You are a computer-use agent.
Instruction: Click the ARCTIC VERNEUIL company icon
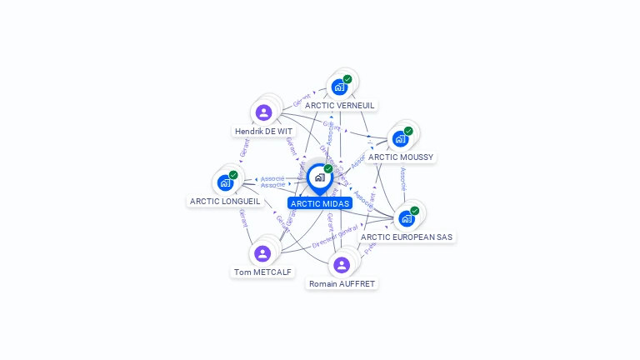[x=339, y=87]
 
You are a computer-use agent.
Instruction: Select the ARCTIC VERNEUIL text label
[x=340, y=106]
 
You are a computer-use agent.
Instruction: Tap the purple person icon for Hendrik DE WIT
[x=264, y=112]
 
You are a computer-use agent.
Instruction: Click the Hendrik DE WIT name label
[x=263, y=132]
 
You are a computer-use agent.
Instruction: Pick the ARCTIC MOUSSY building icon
[x=401, y=138]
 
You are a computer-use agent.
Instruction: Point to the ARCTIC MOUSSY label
[x=401, y=157]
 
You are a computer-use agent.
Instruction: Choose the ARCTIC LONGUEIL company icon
[x=225, y=182]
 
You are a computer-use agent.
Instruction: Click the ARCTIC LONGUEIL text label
[x=225, y=202]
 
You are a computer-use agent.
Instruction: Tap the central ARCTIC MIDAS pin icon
[x=319, y=177]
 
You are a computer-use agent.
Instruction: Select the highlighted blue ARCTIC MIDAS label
[x=320, y=203]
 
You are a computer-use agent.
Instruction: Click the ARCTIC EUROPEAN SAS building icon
[x=407, y=218]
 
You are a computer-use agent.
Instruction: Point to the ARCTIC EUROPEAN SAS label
[x=407, y=237]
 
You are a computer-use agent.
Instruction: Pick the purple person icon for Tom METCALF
[x=263, y=253]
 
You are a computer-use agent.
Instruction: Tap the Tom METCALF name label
[x=263, y=272]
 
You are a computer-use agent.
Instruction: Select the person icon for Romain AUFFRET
[x=342, y=265]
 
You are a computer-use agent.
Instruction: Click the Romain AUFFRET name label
[x=342, y=284]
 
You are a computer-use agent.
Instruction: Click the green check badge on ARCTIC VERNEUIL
[x=347, y=79]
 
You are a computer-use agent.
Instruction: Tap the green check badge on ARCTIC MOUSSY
[x=409, y=131]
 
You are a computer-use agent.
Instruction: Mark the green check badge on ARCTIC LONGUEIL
[x=233, y=175]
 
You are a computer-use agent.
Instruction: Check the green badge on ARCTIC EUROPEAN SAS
[x=415, y=211]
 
